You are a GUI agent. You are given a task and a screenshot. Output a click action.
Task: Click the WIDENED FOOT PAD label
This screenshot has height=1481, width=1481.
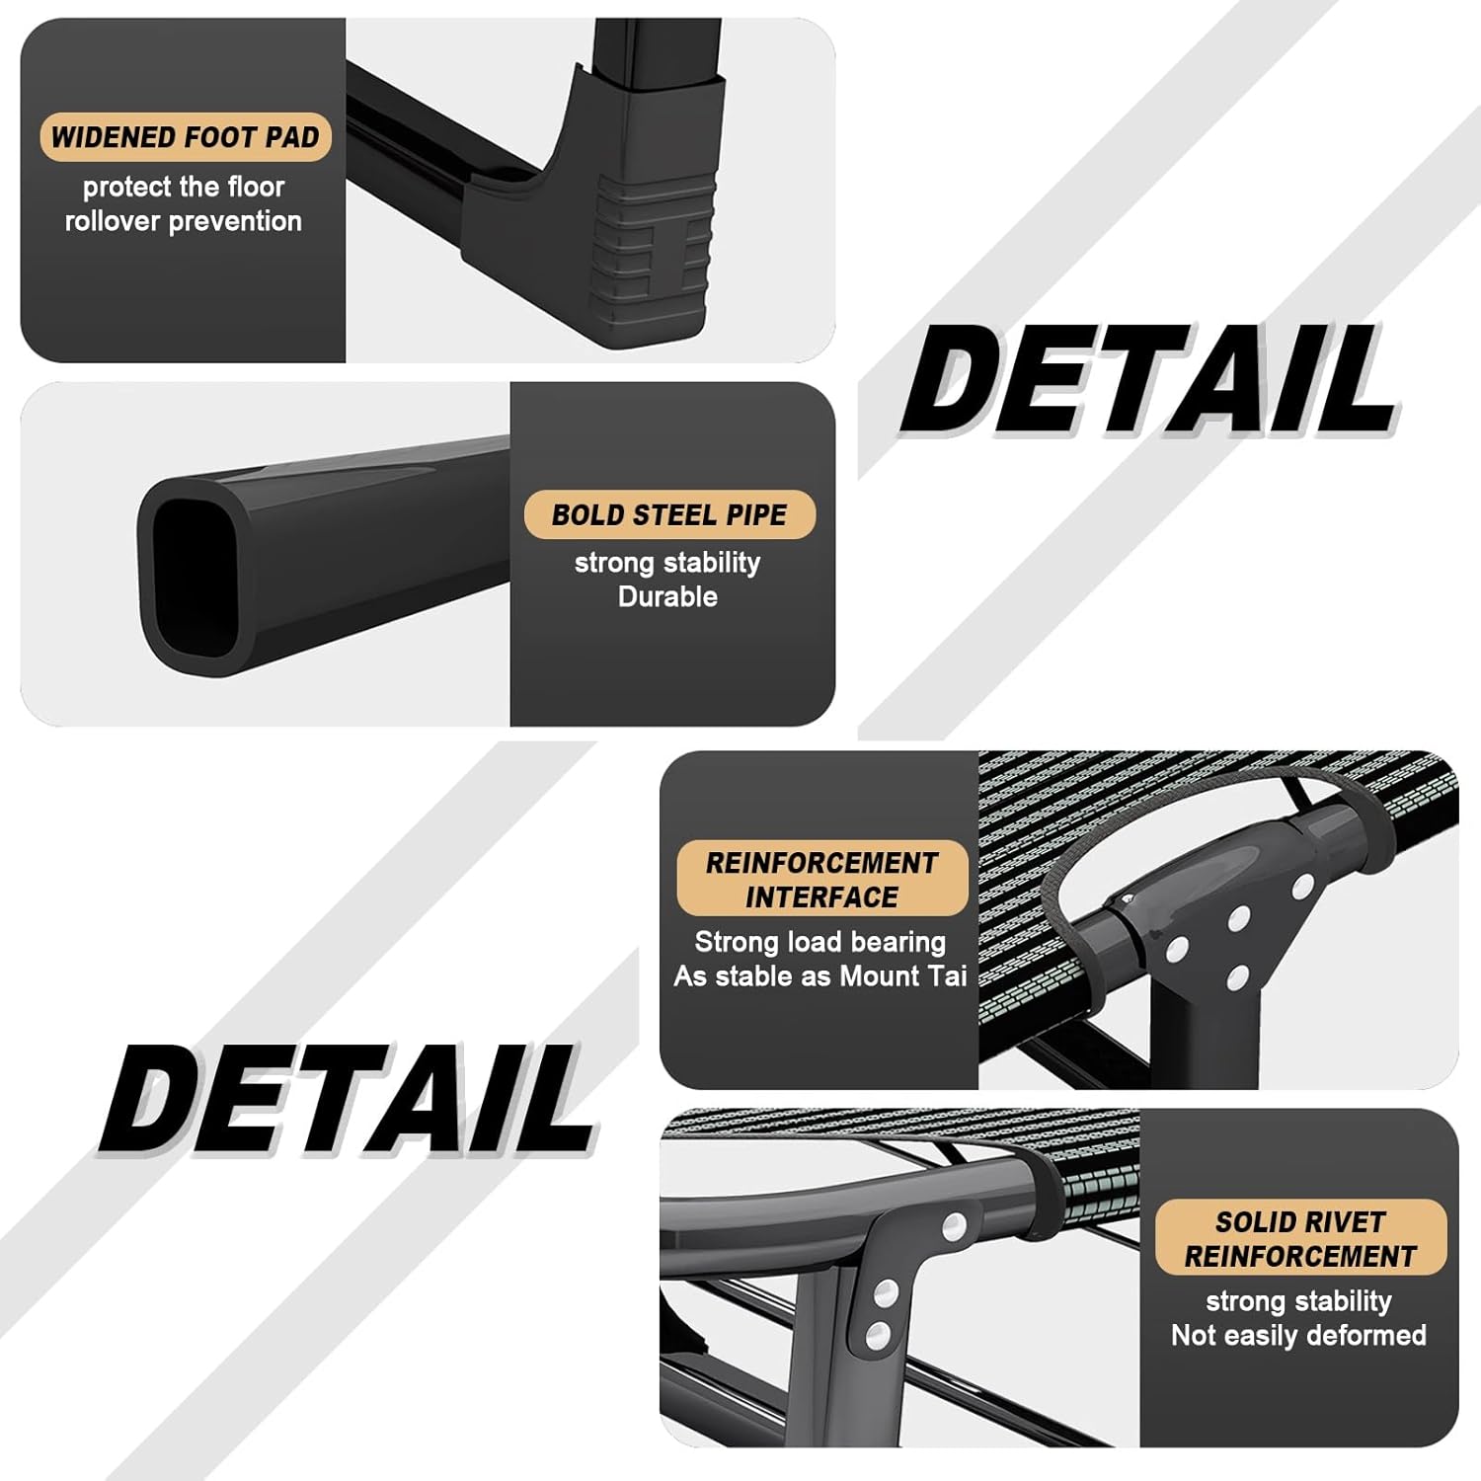tap(185, 137)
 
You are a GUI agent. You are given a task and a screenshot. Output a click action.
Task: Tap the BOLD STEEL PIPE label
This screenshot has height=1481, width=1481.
tap(668, 514)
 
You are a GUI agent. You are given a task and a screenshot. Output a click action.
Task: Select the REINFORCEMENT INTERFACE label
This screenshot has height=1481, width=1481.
tap(820, 879)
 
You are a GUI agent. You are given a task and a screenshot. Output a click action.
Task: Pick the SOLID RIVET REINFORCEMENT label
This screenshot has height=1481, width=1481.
tap(1299, 1238)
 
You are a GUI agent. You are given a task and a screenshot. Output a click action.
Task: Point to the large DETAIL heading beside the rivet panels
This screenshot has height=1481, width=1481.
tap(346, 1099)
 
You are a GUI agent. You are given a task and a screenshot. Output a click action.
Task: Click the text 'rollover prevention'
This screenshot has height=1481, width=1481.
tap(184, 221)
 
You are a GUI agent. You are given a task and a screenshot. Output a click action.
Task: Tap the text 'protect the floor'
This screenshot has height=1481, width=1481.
tap(184, 187)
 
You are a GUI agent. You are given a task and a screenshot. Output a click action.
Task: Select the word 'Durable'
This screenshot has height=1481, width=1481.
tap(667, 596)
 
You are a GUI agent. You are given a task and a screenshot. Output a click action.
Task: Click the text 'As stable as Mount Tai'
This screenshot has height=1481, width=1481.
tap(819, 976)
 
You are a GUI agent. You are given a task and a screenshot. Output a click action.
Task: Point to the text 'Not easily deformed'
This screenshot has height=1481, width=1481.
tap(1298, 1335)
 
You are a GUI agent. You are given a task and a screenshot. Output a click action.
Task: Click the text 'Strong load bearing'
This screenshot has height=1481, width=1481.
tap(819, 942)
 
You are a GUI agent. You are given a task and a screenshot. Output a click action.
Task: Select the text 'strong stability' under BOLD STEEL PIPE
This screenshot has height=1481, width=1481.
tap(667, 563)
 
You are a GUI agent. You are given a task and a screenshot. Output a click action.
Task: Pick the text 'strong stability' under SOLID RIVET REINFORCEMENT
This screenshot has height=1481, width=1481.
tap(1298, 1301)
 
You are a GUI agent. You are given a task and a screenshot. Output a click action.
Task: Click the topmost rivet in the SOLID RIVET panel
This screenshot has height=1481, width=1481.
tap(954, 1227)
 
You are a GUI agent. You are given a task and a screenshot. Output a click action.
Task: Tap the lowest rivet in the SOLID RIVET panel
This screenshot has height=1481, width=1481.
tap(878, 1336)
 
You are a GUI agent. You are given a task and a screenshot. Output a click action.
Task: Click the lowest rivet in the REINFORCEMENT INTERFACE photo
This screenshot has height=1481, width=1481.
tap(1236, 979)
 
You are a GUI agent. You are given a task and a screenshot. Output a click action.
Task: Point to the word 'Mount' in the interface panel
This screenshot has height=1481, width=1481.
tap(880, 976)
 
